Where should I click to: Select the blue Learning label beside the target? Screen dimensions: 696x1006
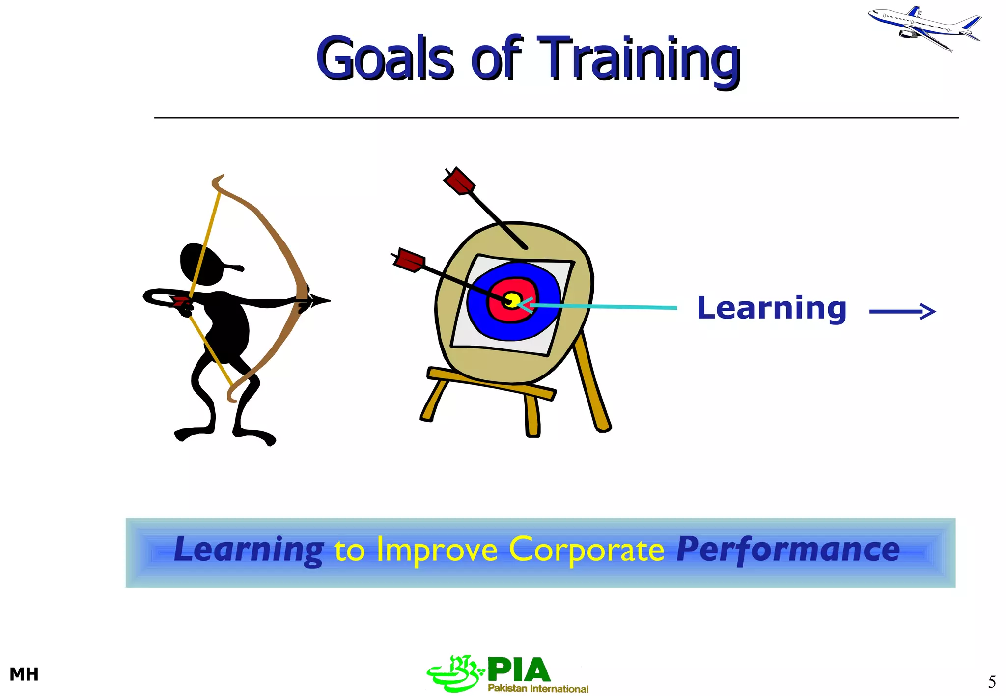coord(771,309)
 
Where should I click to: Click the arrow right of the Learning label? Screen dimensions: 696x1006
coord(902,311)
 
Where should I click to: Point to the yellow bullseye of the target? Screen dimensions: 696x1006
coord(512,299)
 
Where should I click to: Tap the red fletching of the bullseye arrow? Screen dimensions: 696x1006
coord(409,260)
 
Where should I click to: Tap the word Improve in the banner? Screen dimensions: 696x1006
coord(437,550)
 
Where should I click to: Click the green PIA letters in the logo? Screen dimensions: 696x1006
coord(518,669)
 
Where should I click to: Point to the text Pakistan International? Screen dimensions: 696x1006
coord(538,688)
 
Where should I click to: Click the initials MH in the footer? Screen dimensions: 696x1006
coord(24,674)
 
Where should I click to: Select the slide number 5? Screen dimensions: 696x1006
coord(992,682)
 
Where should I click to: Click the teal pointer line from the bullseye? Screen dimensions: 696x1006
coord(604,307)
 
